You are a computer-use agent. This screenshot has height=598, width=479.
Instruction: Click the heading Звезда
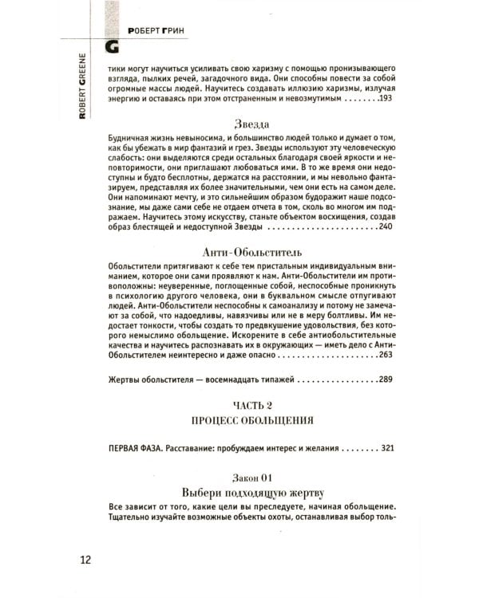[251, 125]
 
